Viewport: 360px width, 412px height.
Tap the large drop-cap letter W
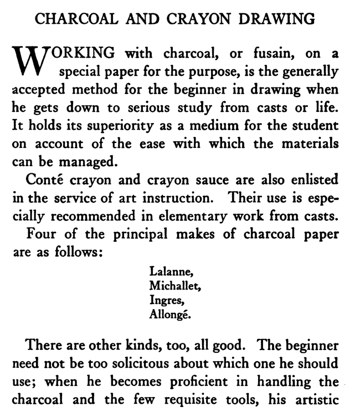[27, 60]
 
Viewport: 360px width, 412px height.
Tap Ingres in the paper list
[165, 301]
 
